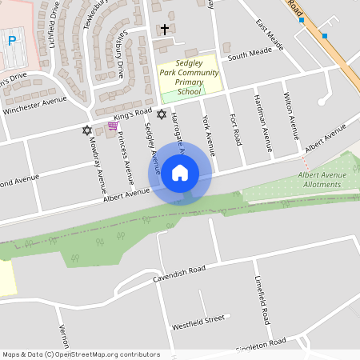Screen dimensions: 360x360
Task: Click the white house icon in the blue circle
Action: click(180, 172)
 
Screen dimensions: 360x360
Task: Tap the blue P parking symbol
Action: click(12, 39)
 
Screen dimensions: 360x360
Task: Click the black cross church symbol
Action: click(165, 30)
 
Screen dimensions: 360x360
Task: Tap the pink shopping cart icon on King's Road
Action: click(113, 126)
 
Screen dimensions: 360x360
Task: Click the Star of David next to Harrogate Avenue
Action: click(161, 114)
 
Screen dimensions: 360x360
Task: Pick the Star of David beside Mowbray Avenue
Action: click(87, 130)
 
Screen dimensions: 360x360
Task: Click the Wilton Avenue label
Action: click(290, 115)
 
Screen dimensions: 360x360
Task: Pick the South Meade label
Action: click(250, 54)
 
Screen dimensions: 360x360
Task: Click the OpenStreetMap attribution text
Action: click(81, 354)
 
